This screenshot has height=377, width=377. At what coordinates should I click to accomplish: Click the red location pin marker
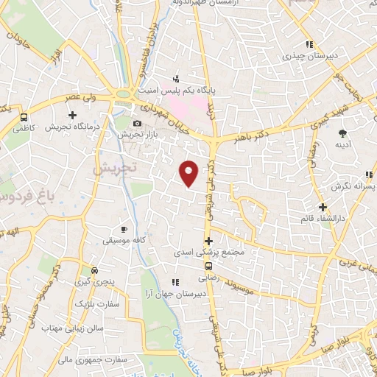point(189,173)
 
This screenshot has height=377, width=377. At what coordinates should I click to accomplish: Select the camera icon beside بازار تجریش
point(137,124)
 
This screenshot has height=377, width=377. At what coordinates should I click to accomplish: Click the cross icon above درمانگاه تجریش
point(72,115)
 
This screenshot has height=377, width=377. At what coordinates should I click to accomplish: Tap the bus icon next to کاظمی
point(25,117)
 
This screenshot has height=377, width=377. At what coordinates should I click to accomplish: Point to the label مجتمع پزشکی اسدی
point(209,252)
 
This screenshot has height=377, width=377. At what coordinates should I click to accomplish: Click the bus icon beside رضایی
point(209,266)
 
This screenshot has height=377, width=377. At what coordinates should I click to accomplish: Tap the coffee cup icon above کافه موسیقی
point(124,229)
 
